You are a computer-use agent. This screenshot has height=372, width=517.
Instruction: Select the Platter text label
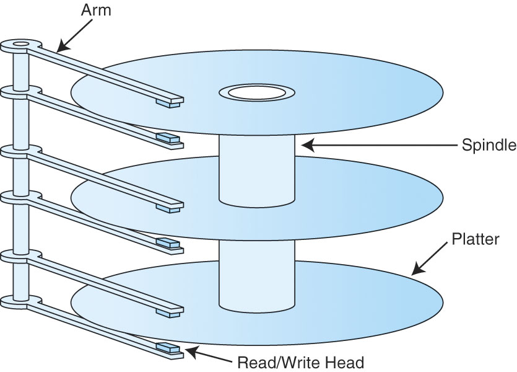tap(476, 239)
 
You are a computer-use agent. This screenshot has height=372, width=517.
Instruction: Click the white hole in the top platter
tap(256, 93)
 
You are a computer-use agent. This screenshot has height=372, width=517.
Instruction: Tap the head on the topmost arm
tap(170, 100)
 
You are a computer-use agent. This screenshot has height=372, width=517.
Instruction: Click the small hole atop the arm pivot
tap(19, 44)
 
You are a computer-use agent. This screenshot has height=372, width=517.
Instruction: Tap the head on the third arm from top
tap(170, 205)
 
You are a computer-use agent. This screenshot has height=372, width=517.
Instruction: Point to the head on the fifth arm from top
tap(170, 310)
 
